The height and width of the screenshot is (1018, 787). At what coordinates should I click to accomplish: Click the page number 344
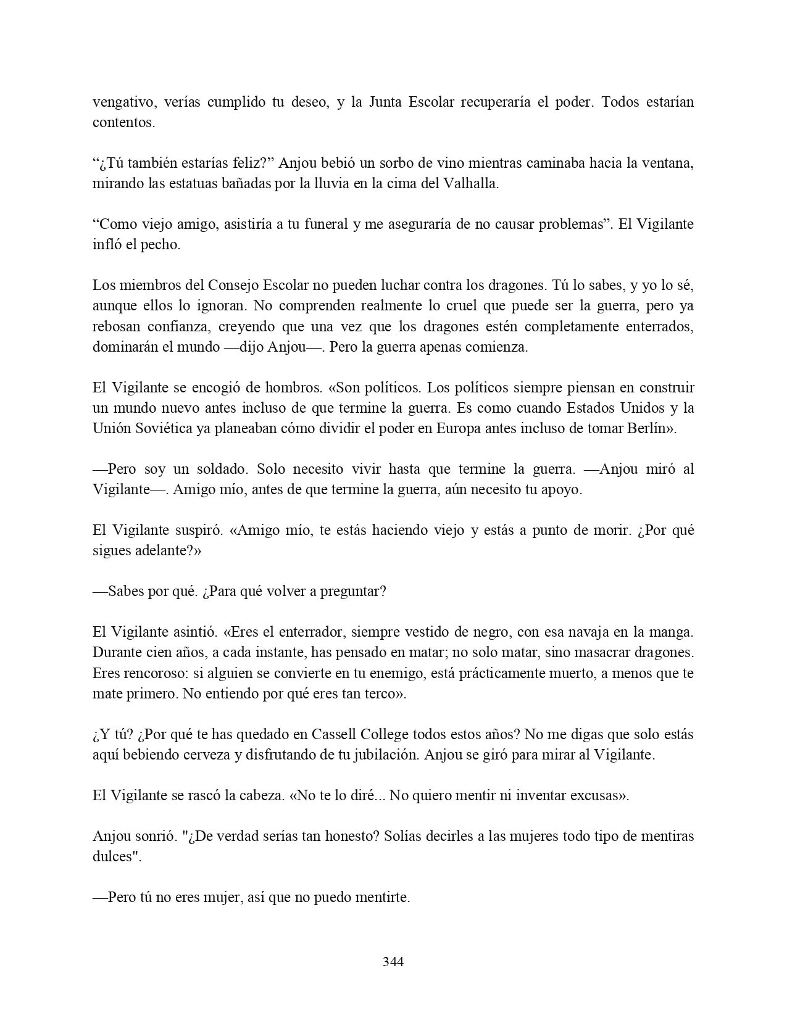click(393, 961)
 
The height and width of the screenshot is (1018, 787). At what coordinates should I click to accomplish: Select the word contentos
click(123, 122)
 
